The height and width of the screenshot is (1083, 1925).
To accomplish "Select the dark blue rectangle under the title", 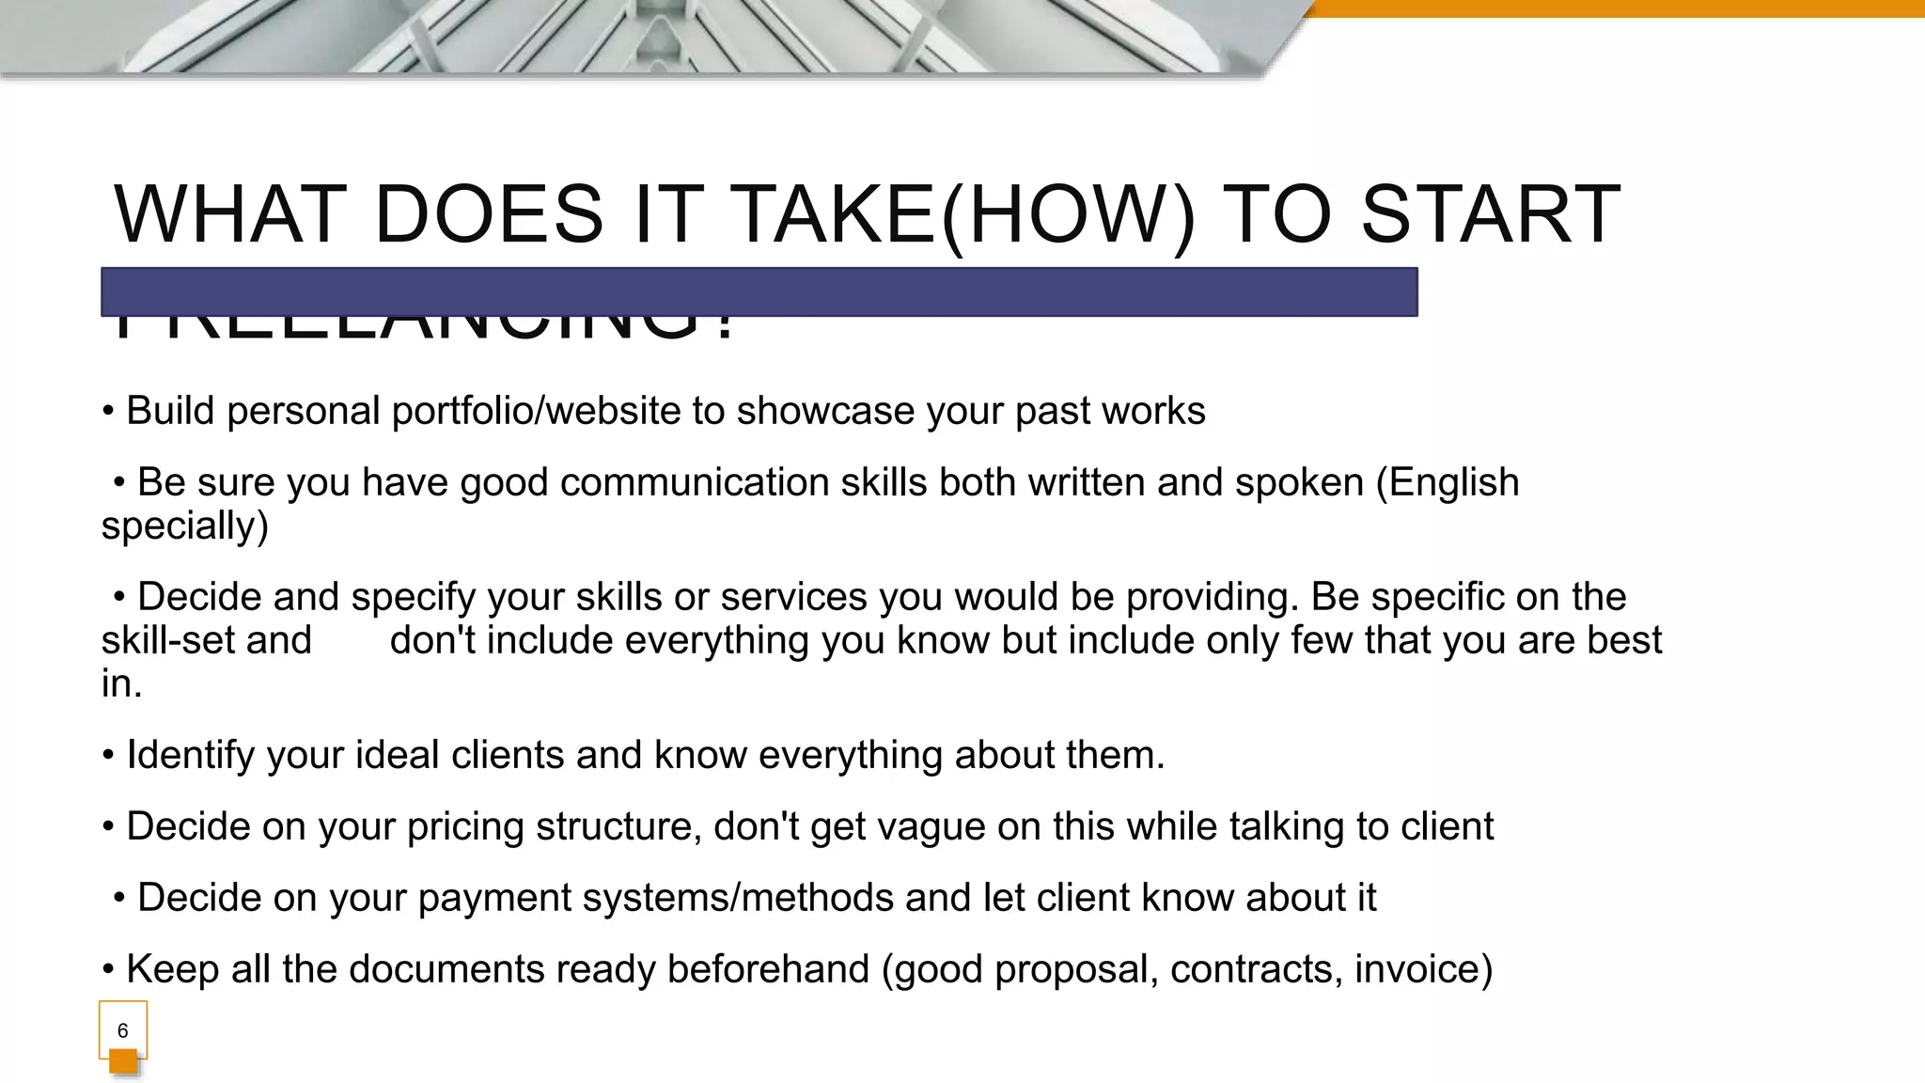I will coord(759,291).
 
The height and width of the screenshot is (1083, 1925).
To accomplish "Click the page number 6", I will coord(122,1030).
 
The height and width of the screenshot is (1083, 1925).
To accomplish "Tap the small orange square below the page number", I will coord(123,1061).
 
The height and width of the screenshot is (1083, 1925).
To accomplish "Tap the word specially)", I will coord(184,526).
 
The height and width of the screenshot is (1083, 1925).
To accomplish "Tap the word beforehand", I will coord(768,969).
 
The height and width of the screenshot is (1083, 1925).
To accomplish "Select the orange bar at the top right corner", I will coord(1617,8).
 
